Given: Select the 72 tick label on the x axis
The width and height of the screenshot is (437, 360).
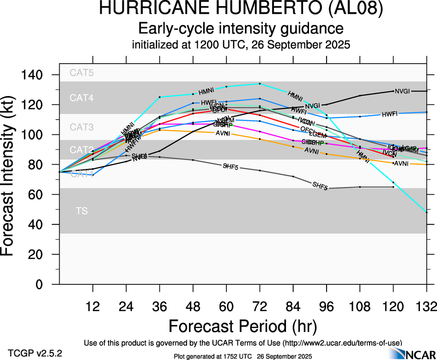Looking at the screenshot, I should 260,306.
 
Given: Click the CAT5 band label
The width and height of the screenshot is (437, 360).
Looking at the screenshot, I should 81,72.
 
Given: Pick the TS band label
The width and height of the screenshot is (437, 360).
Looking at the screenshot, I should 81,211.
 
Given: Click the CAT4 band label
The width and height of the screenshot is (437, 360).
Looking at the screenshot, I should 81,98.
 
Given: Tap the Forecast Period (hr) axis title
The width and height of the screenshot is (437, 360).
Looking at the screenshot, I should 243,326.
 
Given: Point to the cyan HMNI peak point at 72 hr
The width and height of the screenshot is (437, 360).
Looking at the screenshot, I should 260,84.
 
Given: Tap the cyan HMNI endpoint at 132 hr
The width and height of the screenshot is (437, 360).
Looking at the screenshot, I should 426,212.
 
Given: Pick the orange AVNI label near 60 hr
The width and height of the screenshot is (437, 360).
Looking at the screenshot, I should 223,133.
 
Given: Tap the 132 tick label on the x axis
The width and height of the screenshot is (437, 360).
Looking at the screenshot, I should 425,306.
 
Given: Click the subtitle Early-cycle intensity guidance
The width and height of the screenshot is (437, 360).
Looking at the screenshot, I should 241,29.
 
